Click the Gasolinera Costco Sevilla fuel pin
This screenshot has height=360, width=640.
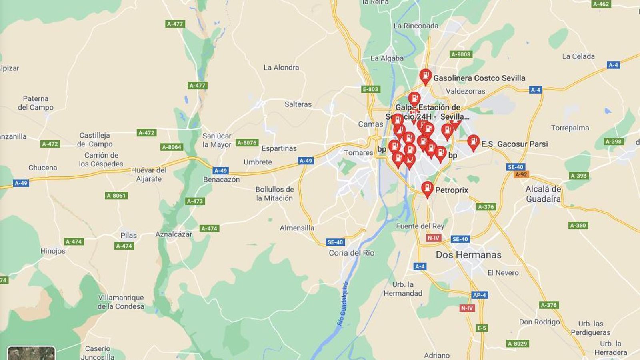[425, 76]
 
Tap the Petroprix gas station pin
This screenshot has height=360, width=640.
[427, 188]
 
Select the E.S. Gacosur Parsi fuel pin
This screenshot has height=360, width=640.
[473, 142]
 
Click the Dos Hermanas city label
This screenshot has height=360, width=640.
[468, 255]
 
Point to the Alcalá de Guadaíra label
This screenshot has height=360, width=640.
[543, 194]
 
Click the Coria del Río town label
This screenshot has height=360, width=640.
[351, 253]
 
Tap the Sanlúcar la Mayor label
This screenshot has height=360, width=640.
[217, 140]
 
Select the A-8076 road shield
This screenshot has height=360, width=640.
[247, 143]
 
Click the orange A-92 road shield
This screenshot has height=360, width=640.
[521, 174]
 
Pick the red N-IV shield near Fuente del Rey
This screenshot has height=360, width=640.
[433, 238]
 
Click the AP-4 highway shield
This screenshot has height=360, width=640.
[479, 295]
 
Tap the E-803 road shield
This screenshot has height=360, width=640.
[370, 89]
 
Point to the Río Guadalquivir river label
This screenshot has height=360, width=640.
[343, 303]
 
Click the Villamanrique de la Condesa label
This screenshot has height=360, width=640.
[121, 302]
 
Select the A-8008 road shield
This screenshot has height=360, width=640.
[461, 54]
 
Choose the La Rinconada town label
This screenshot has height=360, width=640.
[416, 26]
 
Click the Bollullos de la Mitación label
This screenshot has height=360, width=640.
[274, 194]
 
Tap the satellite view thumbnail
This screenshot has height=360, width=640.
[31, 354]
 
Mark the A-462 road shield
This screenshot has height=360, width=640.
[601, 4]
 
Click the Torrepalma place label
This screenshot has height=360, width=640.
[570, 128]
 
